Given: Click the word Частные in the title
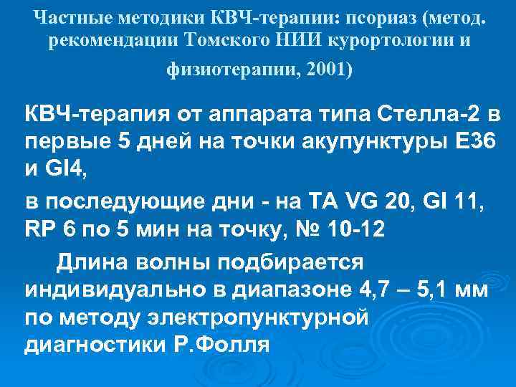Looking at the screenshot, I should point(64,16).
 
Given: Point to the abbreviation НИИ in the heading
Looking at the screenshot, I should point(302,42).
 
